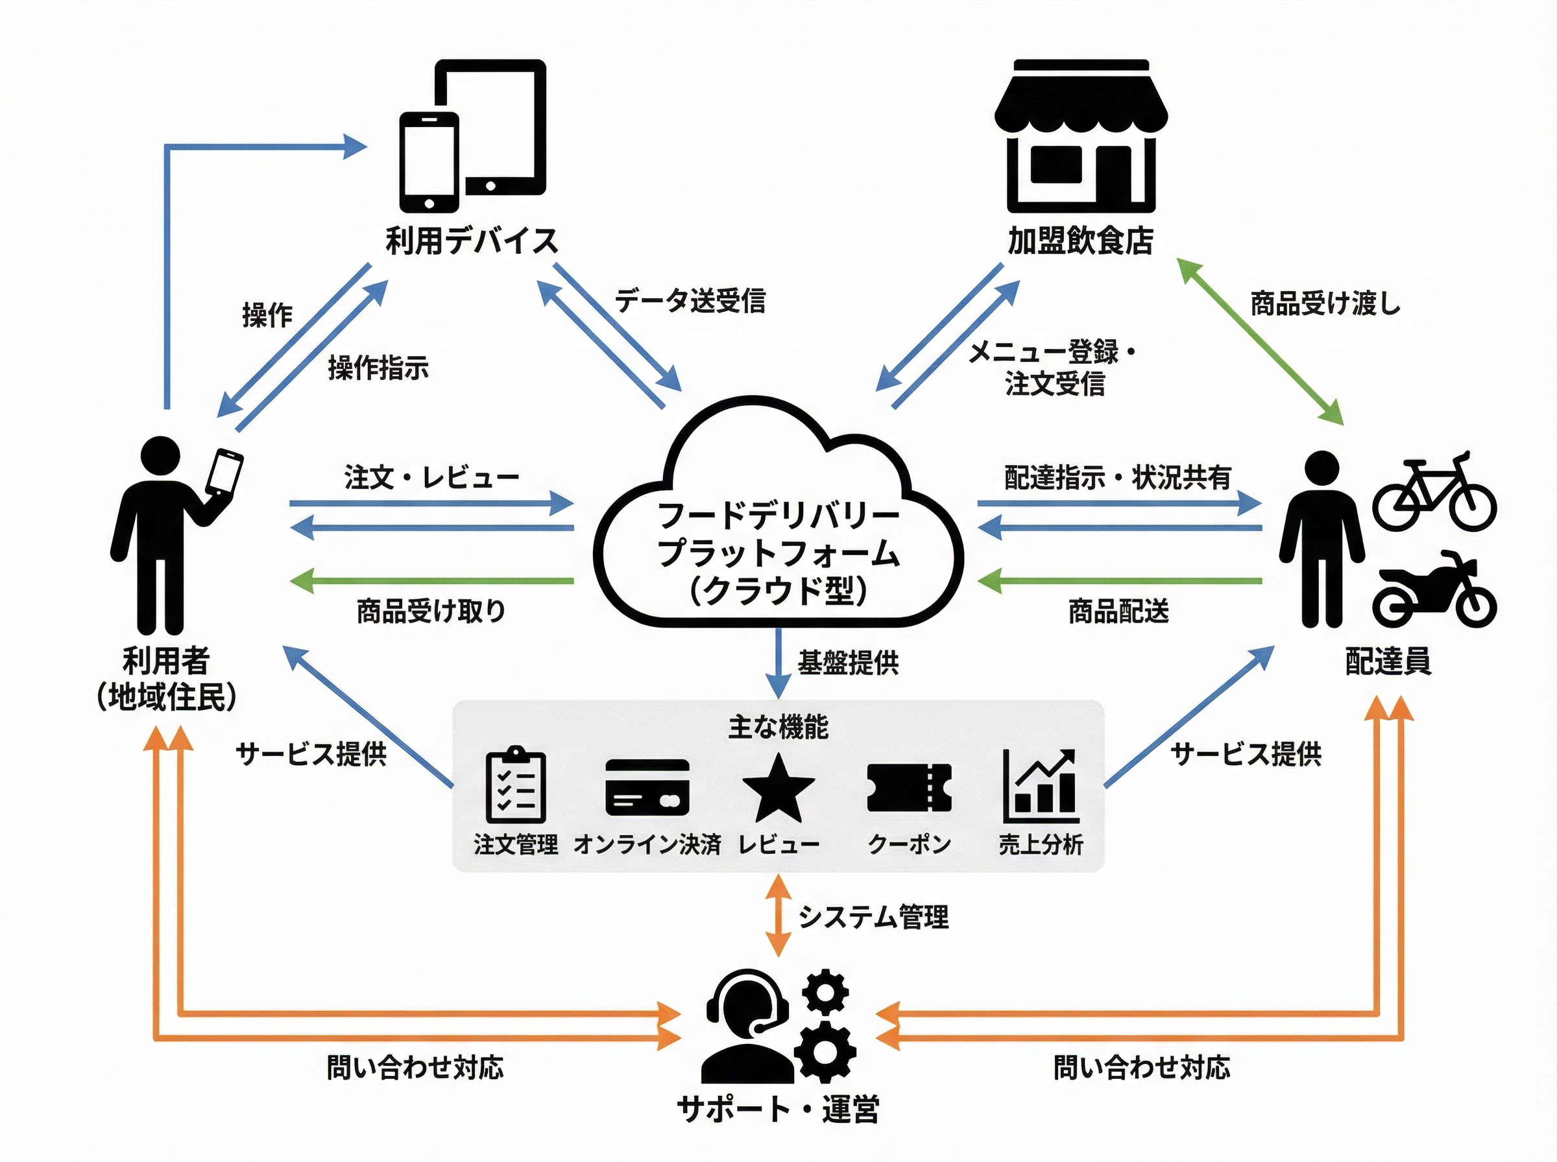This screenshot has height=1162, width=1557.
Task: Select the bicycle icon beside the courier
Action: click(1434, 492)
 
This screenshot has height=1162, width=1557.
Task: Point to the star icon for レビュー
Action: click(778, 789)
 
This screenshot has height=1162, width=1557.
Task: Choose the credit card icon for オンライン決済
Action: click(647, 787)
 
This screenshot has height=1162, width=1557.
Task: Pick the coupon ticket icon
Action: click(909, 788)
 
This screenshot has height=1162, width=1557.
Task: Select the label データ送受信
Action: click(690, 301)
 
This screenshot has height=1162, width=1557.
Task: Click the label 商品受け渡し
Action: click(1325, 304)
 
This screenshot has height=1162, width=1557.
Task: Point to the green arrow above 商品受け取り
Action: click(432, 582)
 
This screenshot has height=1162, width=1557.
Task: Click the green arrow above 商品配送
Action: click(1119, 582)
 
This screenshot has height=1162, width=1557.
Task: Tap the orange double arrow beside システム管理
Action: click(778, 915)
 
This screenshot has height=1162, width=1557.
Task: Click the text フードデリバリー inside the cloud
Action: click(778, 516)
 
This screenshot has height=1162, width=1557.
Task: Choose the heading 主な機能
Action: click(778, 728)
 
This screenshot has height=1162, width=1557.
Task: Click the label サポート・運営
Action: click(778, 1110)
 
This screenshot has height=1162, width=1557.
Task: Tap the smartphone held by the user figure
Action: click(226, 473)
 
